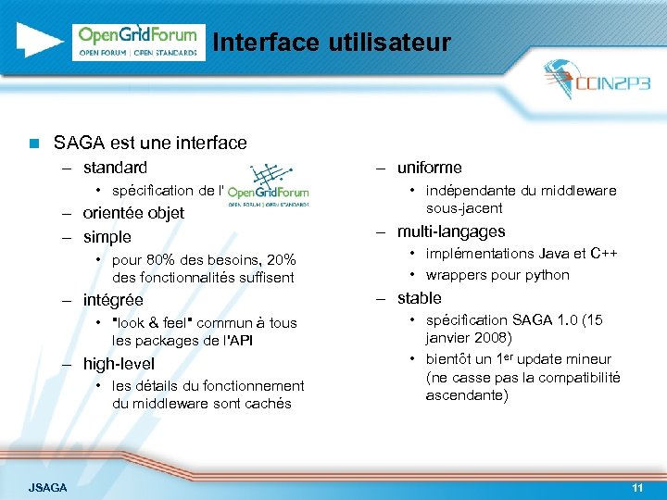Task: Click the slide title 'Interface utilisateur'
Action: (331, 43)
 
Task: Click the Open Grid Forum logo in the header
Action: (138, 42)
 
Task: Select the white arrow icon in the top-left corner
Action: (38, 41)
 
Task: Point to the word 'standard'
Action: (115, 168)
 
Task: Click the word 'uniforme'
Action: (429, 168)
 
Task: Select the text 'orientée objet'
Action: (133, 213)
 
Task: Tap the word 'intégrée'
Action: (113, 300)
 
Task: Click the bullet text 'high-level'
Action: (119, 364)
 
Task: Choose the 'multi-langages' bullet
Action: (451, 231)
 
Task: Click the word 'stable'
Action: (419, 298)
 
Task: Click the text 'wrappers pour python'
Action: (497, 275)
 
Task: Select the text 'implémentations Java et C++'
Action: (522, 254)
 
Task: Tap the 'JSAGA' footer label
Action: (47, 487)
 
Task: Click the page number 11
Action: (636, 487)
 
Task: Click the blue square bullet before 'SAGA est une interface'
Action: (33, 144)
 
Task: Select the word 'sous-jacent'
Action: (464, 208)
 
